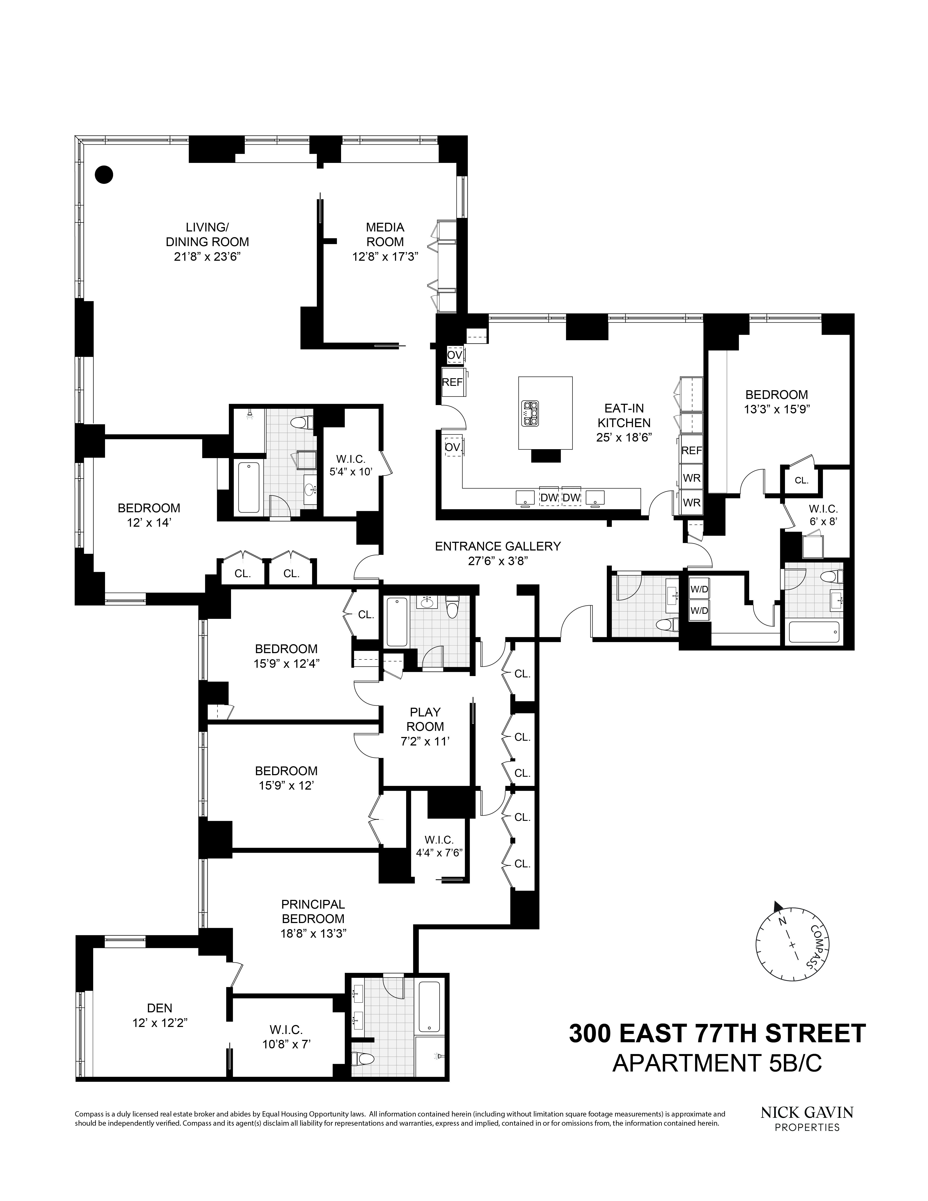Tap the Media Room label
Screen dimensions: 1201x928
385,234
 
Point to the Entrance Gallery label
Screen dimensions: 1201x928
498,546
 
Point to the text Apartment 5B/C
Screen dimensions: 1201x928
717,1063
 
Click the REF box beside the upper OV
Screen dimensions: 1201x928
452,382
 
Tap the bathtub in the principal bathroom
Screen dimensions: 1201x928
429,1006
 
